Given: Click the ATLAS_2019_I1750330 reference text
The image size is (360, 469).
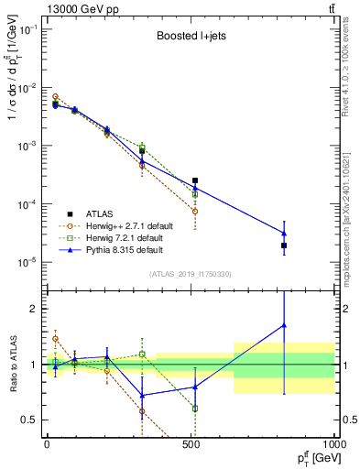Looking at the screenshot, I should pyautogui.click(x=190, y=274).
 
